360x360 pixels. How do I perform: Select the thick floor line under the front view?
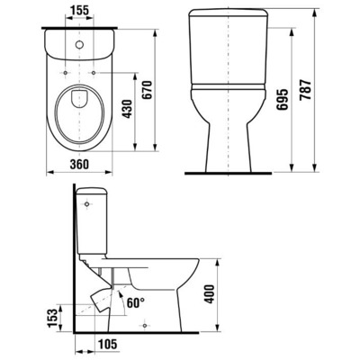tap(233, 171)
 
